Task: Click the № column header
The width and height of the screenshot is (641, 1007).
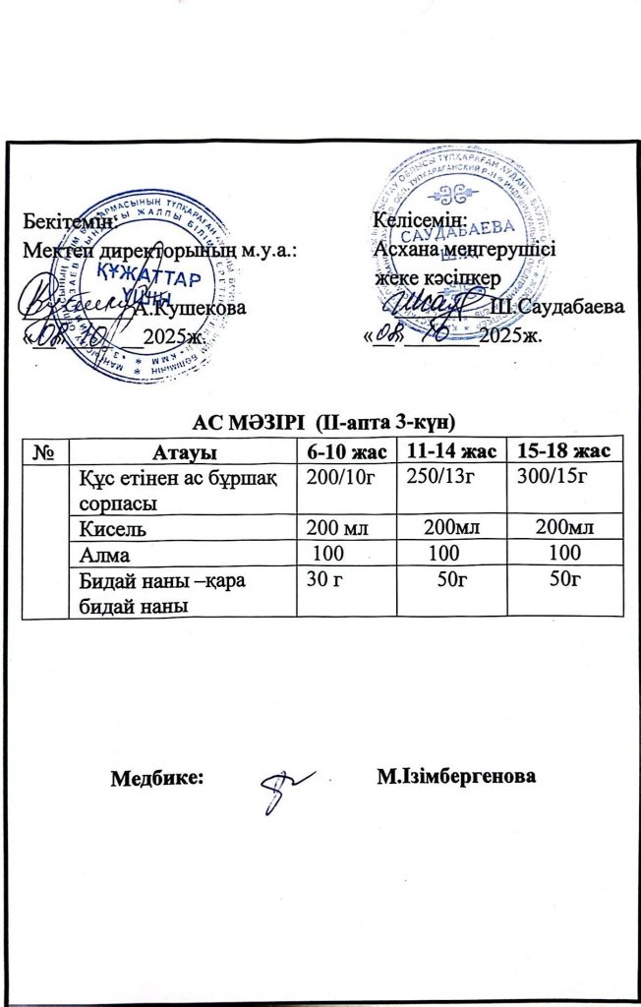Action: coord(43,450)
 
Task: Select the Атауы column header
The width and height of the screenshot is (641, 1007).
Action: coord(183,451)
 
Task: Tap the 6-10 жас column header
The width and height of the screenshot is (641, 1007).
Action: coord(343,450)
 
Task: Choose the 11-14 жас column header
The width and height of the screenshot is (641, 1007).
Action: coord(450,450)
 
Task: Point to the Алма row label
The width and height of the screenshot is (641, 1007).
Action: coord(100,555)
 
